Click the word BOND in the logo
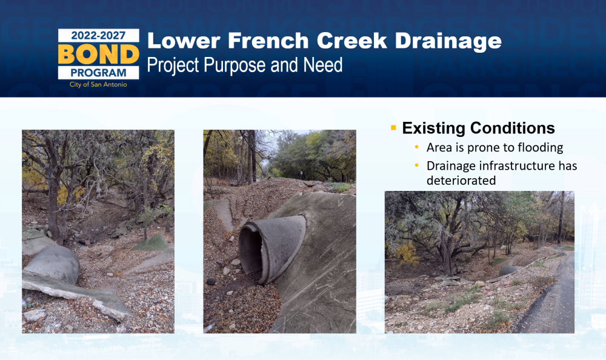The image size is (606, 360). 99,54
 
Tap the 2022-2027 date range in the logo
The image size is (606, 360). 98,36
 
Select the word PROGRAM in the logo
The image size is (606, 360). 98,73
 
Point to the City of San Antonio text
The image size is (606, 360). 98,84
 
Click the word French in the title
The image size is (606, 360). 268,41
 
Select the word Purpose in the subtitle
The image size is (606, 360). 235,65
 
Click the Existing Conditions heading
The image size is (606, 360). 479,128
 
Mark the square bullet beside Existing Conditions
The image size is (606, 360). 393,127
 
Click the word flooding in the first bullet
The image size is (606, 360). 541,148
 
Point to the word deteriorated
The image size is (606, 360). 461,180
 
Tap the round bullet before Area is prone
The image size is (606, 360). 417,147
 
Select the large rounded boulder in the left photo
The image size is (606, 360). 52,264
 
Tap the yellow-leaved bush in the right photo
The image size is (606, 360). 404,254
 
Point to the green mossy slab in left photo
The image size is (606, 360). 151,243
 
